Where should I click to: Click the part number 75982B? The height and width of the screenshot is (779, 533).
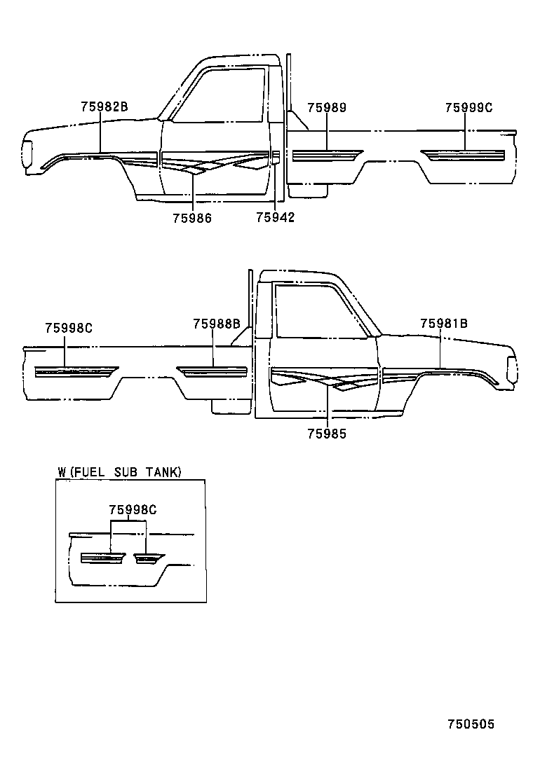[104, 108]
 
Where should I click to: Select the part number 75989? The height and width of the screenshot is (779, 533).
[327, 108]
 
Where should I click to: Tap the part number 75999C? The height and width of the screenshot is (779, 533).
[468, 108]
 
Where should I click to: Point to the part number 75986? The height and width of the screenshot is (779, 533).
[192, 218]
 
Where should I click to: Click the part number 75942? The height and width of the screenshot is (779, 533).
[275, 218]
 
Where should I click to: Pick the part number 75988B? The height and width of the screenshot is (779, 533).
[217, 324]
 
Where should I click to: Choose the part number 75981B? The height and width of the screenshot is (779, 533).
[444, 324]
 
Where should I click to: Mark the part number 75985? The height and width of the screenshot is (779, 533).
[327, 434]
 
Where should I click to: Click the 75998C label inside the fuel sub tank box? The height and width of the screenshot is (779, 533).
[132, 510]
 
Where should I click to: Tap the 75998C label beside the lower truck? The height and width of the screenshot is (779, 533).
[69, 328]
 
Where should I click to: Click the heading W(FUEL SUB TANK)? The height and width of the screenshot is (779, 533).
[120, 473]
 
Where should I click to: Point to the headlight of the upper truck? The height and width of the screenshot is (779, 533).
[27, 156]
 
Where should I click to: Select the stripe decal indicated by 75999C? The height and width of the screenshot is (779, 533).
[463, 154]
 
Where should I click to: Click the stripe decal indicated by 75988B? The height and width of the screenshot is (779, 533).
[212, 371]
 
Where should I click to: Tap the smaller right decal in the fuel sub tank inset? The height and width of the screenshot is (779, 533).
[147, 558]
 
